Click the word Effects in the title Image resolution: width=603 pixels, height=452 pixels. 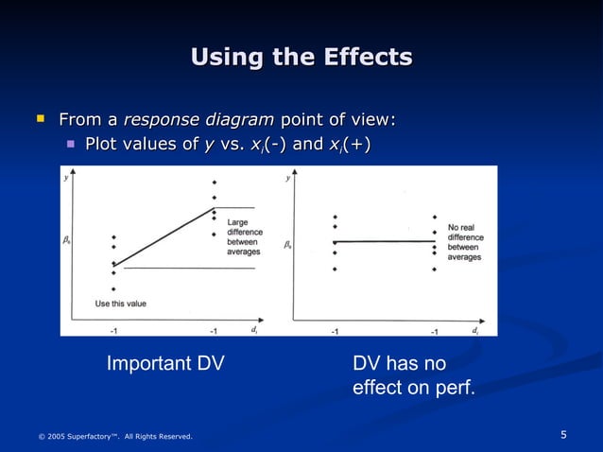[x=366, y=58]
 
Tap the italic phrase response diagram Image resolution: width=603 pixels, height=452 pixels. [x=198, y=119]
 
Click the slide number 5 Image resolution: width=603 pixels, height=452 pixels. [x=563, y=435]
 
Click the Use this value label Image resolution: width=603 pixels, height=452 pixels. [x=121, y=304]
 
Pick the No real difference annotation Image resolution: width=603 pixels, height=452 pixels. [x=465, y=242]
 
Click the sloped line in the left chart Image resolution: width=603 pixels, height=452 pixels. [x=165, y=236]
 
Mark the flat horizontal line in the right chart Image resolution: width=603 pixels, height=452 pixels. [x=386, y=242]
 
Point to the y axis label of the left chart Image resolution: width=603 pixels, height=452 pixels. [x=67, y=177]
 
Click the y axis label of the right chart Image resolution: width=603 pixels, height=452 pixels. [x=287, y=177]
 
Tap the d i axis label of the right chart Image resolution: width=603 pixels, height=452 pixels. [x=474, y=330]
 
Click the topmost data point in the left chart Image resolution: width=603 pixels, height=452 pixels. [x=215, y=183]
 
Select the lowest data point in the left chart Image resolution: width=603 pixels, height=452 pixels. [x=113, y=289]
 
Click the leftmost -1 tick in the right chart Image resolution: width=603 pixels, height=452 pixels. [x=335, y=332]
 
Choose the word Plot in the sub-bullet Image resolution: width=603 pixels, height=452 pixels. [x=101, y=144]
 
